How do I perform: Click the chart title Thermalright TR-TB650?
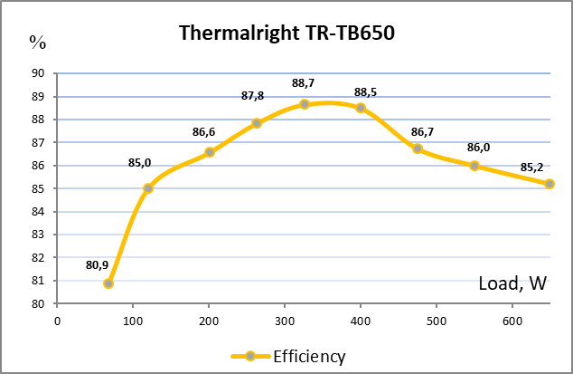(286, 34)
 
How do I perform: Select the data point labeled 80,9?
(108, 283)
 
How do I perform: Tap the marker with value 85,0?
(148, 188)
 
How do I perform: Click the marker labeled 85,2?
(550, 184)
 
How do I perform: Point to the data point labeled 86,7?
(418, 149)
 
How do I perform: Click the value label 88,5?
(366, 91)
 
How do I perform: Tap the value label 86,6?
(203, 132)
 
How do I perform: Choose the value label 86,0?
(478, 148)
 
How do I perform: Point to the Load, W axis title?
(512, 283)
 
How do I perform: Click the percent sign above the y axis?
(37, 41)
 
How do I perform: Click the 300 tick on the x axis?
(285, 320)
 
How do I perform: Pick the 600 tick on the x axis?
(512, 320)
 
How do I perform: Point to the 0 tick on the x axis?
(57, 320)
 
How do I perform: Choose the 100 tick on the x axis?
(133, 320)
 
